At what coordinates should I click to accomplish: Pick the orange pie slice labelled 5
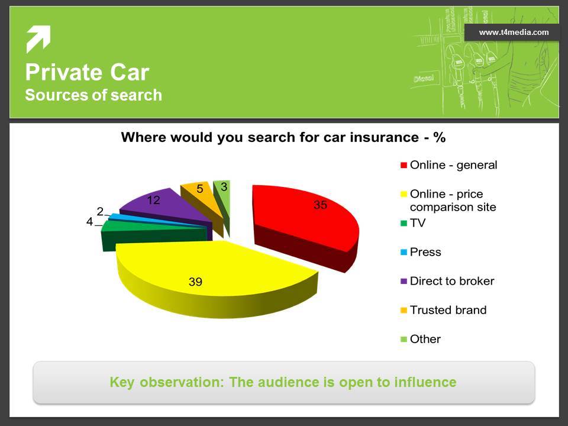(x=201, y=198)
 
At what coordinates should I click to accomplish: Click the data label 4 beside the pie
(x=89, y=221)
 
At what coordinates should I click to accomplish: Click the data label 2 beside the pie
(x=100, y=211)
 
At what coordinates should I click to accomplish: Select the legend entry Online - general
(x=449, y=165)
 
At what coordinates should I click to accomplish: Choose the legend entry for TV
(x=413, y=223)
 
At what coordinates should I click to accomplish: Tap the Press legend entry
(x=421, y=252)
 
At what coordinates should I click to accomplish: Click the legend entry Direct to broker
(x=447, y=281)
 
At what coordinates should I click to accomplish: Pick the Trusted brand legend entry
(x=443, y=310)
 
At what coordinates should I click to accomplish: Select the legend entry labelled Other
(x=421, y=339)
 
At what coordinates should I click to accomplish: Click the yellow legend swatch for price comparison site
(x=404, y=195)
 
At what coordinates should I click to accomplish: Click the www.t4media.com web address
(x=514, y=33)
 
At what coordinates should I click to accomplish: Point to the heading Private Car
(x=88, y=72)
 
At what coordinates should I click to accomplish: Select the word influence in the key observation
(x=425, y=382)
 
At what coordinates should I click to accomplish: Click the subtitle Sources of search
(x=93, y=95)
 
